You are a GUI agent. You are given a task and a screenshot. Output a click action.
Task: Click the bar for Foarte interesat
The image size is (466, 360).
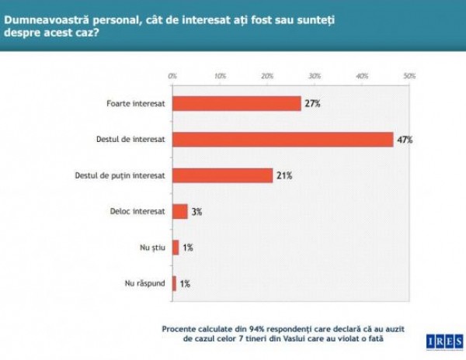[x=236, y=104]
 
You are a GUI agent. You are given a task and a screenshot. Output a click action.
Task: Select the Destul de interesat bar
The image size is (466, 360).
[x=283, y=140]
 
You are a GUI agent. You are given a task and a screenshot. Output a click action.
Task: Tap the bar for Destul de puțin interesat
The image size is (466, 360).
[x=222, y=175]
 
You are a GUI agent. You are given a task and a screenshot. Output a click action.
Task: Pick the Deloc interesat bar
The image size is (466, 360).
[x=180, y=211]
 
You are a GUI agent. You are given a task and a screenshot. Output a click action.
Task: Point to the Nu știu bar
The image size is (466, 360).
[x=176, y=247]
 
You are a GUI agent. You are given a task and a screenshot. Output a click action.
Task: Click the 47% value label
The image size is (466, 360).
[x=404, y=140]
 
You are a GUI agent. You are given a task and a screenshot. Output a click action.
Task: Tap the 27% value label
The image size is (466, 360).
[x=311, y=104]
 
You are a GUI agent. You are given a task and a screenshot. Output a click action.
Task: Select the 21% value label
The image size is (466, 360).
[x=283, y=176]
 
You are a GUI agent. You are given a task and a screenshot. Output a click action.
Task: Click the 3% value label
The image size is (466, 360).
[x=197, y=212]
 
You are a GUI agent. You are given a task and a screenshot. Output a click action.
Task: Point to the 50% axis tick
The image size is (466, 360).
[x=409, y=76]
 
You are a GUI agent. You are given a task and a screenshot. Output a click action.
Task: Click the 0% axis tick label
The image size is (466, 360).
[x=172, y=76]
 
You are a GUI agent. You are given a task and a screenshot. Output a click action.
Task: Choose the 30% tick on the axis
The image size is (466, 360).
[x=315, y=76]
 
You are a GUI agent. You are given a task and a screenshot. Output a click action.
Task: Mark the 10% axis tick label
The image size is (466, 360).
[x=220, y=76]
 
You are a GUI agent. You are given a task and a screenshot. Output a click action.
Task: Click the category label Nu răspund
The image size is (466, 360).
[x=145, y=283]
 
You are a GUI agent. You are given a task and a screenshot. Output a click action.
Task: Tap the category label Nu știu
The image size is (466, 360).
[x=151, y=247]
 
